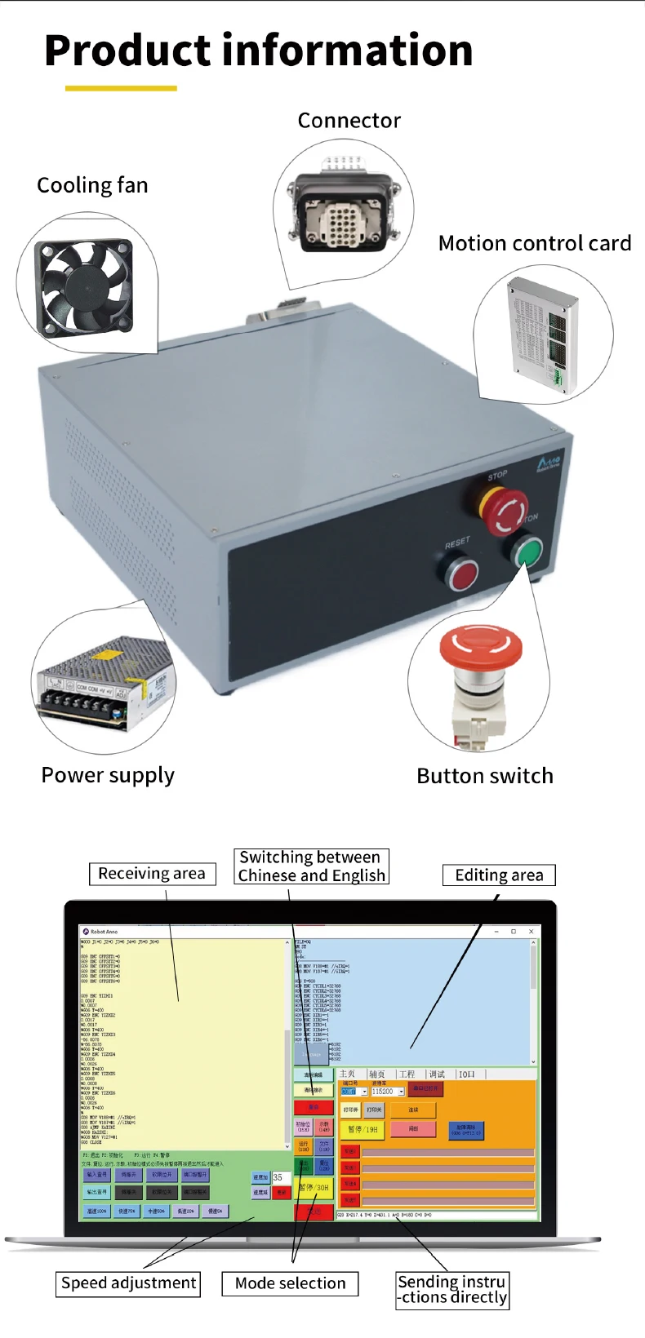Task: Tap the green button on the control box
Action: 527,553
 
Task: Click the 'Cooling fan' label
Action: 92,185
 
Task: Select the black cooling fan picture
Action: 83,285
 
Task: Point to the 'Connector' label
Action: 349,121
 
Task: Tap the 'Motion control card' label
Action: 534,243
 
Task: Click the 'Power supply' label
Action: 108,775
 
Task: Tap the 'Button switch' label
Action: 484,776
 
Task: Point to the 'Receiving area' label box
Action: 152,874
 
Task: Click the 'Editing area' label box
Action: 499,875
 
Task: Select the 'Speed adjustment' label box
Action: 129,1283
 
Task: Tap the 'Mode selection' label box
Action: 290,1283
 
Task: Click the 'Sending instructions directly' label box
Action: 452,1290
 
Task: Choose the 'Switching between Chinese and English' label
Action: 310,866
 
